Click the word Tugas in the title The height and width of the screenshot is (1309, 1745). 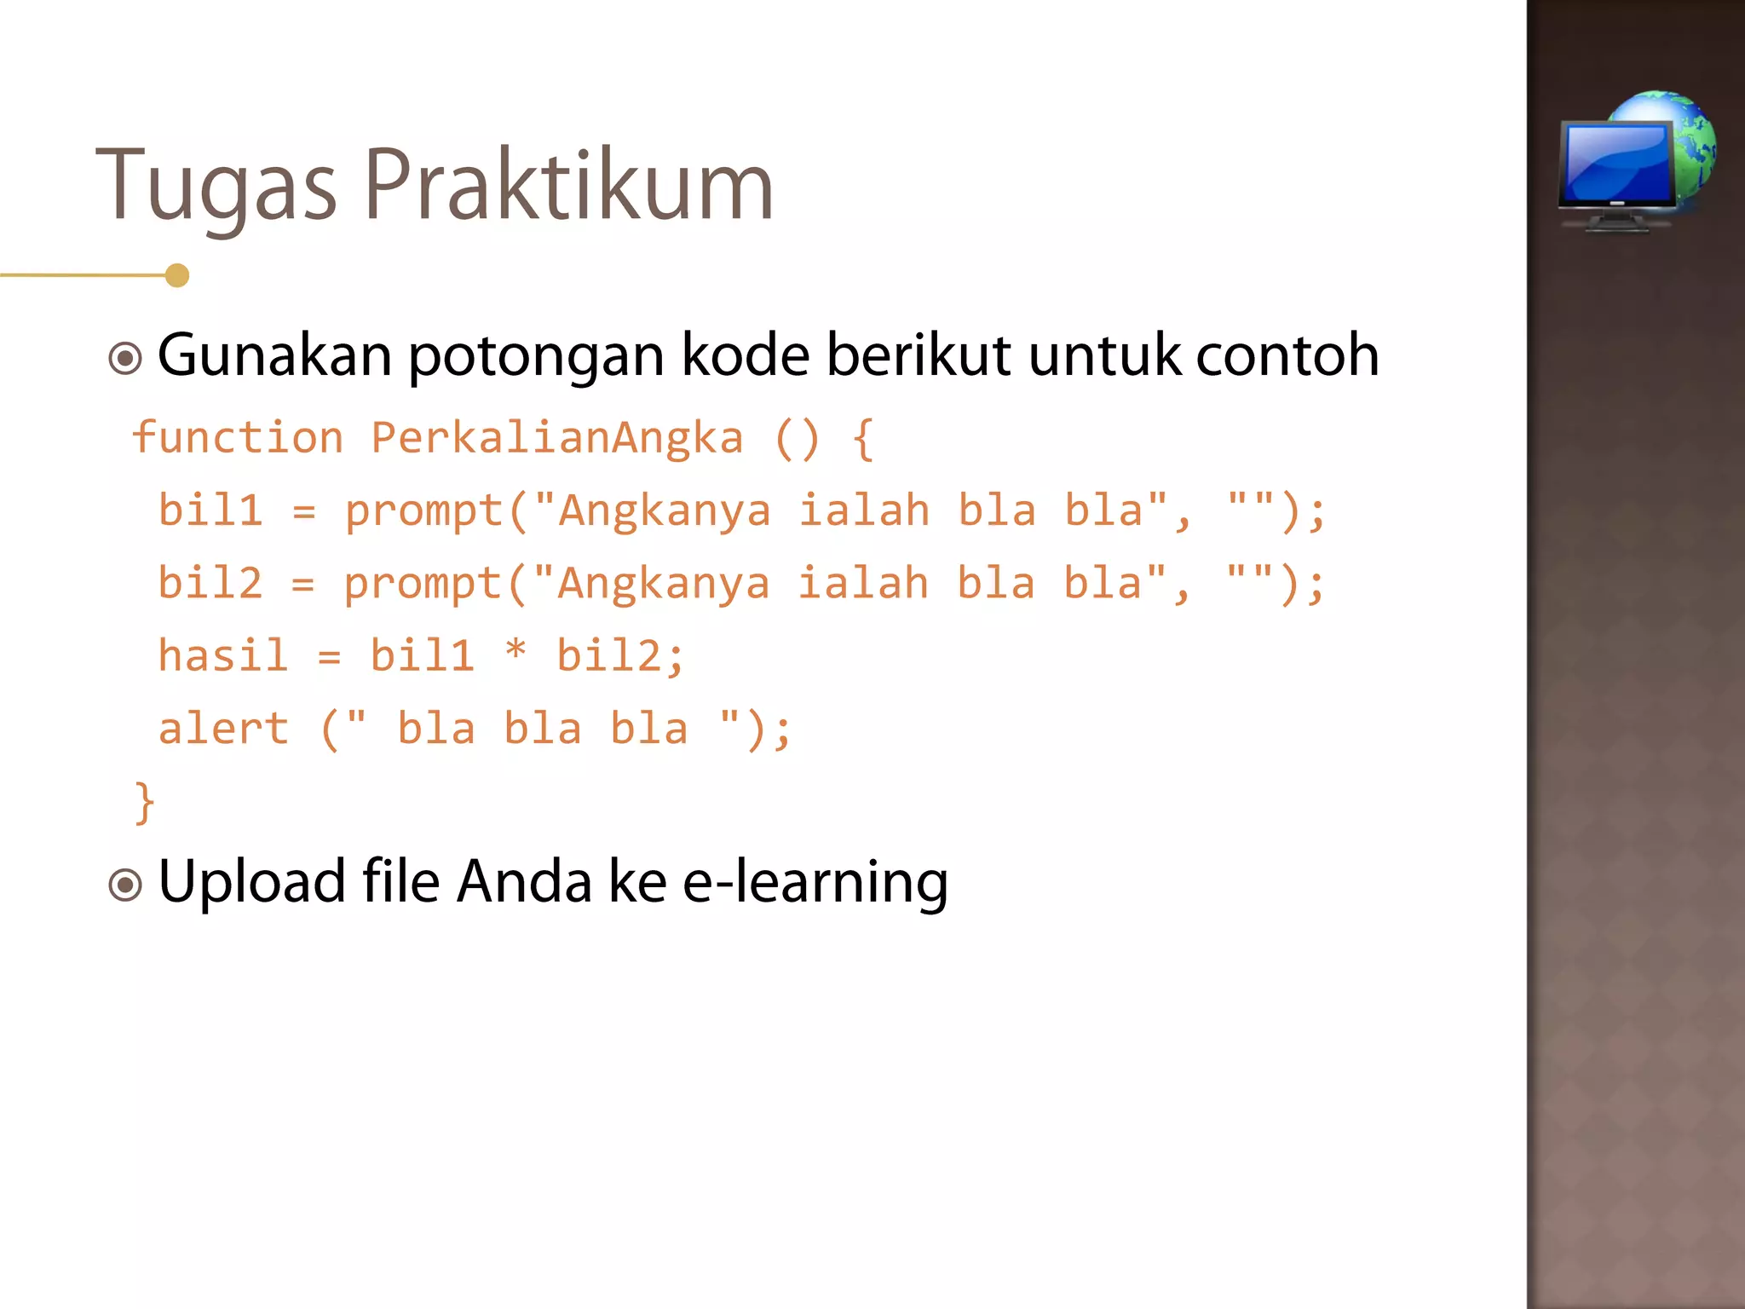[216, 186]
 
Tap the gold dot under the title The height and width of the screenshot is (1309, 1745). [177, 275]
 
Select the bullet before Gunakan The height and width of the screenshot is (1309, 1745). [125, 358]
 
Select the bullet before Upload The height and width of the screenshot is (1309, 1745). [125, 885]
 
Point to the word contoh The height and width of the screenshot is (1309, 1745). [1287, 355]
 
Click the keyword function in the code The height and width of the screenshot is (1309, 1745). [238, 438]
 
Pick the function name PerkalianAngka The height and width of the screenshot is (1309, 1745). [557, 438]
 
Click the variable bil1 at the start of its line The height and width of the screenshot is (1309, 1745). [210, 510]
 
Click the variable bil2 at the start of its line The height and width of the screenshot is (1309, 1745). [210, 584]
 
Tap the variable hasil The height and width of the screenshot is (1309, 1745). [223, 656]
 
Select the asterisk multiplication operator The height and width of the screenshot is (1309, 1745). [515, 652]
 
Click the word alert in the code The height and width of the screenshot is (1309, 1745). [223, 729]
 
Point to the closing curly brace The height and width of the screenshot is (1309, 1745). [145, 802]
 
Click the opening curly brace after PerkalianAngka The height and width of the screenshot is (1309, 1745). [863, 439]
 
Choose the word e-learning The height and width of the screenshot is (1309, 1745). [815, 882]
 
